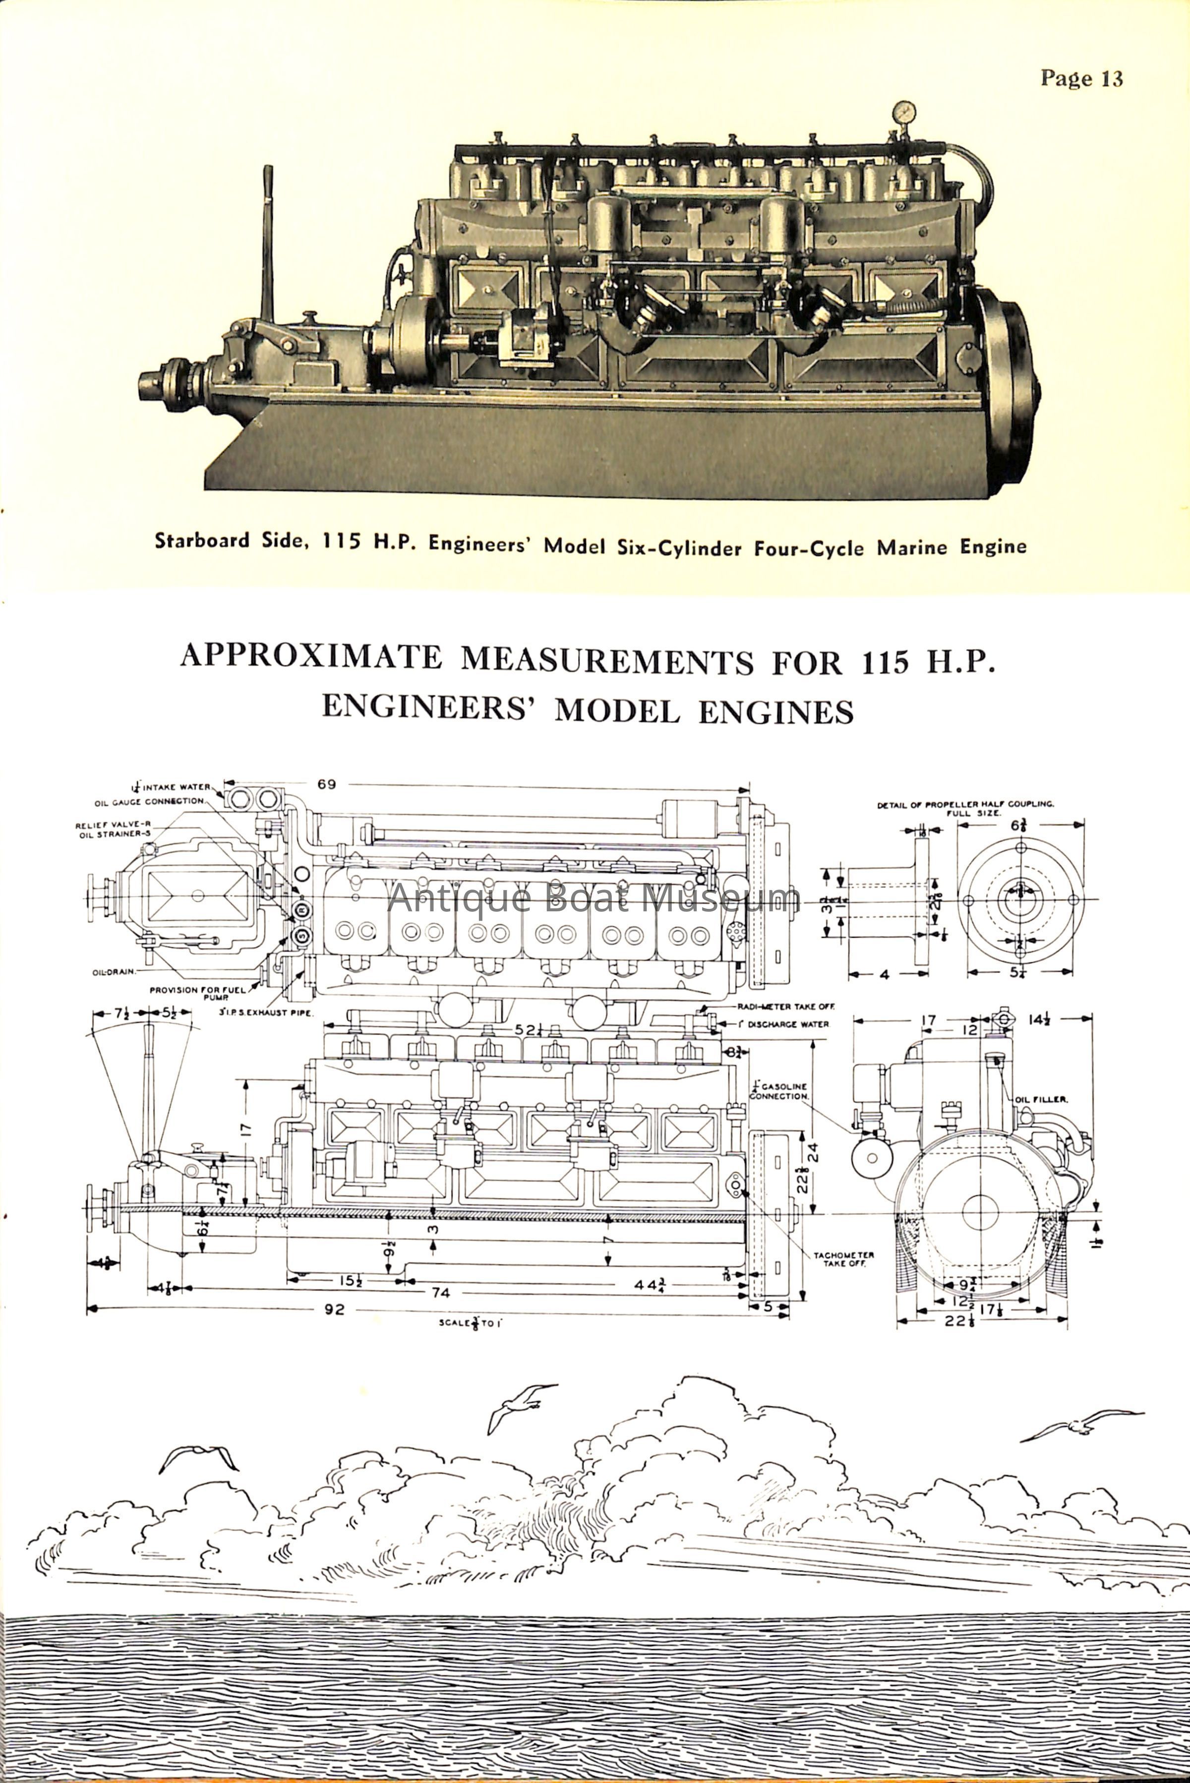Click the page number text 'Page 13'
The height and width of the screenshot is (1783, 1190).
click(x=1081, y=79)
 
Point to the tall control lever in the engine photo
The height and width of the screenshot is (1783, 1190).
click(x=267, y=243)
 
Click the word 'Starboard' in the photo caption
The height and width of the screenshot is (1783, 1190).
click(x=202, y=541)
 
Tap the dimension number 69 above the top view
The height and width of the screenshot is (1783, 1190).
click(x=327, y=784)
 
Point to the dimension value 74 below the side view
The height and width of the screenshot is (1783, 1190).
click(x=441, y=1292)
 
